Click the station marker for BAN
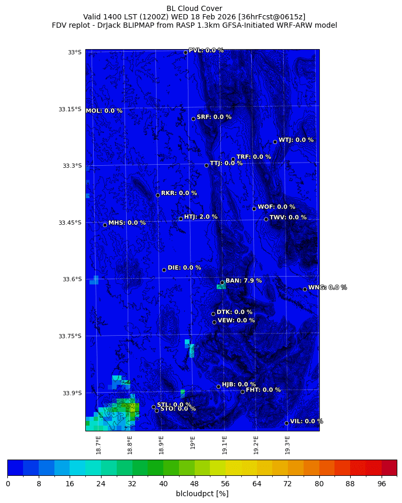(222, 282)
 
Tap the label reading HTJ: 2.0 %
(200, 217)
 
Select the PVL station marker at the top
(185, 52)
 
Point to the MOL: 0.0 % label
(104, 111)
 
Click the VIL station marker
(286, 423)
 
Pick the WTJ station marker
(275, 142)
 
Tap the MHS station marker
(105, 225)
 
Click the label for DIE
(184, 268)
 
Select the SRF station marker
(193, 119)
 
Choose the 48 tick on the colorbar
(195, 484)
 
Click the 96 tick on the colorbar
(382, 484)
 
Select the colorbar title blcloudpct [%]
(202, 494)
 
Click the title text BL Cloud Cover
(194, 8)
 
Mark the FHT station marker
(242, 392)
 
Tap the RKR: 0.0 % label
(179, 193)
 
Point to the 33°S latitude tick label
(74, 52)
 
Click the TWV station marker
(266, 219)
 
